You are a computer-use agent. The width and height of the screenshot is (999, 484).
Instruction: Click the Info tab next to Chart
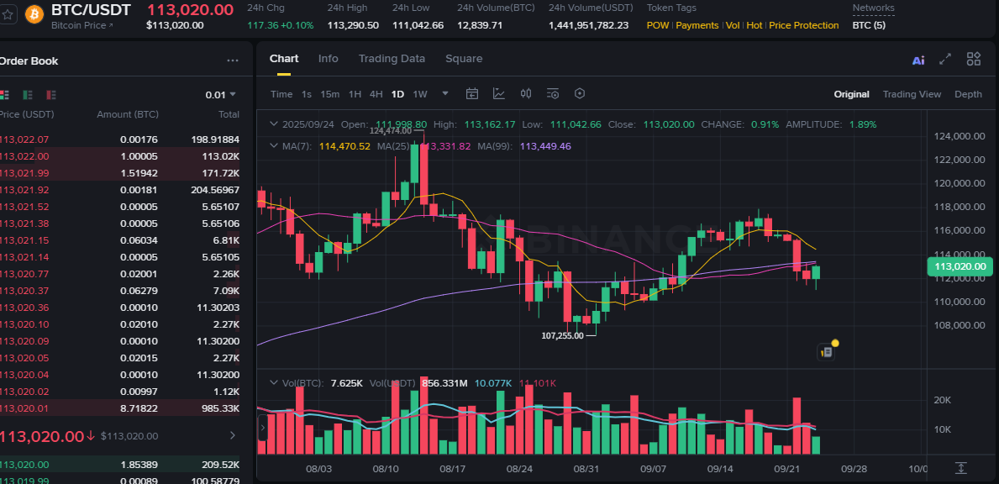[328, 59]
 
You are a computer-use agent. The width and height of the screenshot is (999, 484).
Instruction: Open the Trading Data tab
[392, 59]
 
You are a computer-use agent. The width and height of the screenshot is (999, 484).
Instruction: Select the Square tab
[464, 59]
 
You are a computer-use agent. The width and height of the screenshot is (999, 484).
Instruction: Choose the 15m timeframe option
[329, 94]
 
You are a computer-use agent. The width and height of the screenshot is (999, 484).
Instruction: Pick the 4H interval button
[376, 94]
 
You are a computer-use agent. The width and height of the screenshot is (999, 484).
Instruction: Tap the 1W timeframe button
[420, 94]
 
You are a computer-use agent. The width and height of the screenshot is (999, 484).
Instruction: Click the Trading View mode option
[912, 94]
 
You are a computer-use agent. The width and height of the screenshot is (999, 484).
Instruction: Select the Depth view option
[968, 94]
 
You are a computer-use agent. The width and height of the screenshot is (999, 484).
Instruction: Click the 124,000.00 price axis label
[960, 136]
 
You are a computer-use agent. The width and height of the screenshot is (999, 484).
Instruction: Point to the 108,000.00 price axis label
[960, 325]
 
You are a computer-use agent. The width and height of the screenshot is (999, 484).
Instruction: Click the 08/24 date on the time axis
[519, 469]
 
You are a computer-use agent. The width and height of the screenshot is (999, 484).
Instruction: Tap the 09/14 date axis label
[720, 469]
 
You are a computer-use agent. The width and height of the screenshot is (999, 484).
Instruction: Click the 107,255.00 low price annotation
[562, 335]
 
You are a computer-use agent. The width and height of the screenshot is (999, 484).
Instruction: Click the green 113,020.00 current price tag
[960, 267]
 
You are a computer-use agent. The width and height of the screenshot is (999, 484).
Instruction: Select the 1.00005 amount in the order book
[139, 156]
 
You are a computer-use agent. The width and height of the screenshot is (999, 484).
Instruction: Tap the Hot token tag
[755, 25]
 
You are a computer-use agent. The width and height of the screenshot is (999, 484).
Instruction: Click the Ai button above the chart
[918, 60]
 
